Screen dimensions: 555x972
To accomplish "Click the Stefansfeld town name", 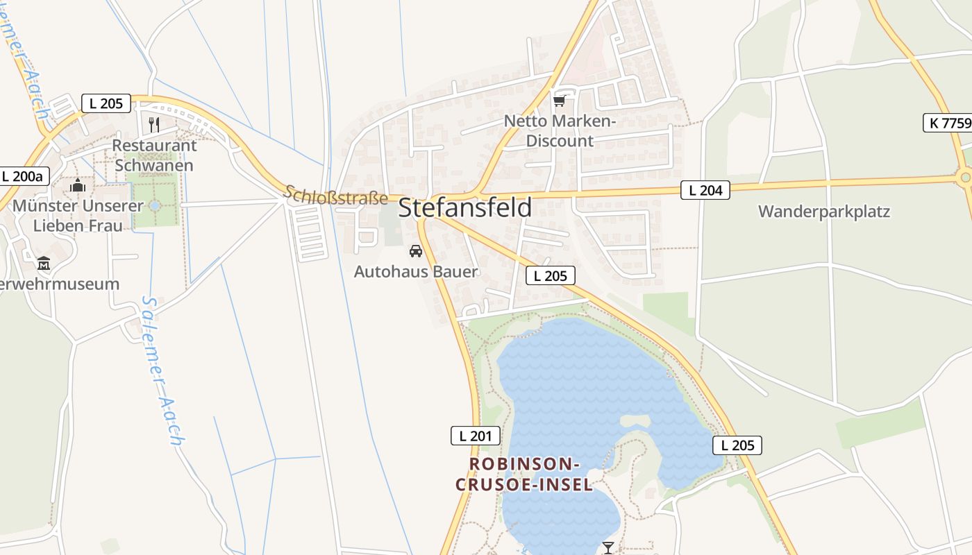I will (x=465, y=207).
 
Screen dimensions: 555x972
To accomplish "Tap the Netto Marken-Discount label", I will (x=560, y=130).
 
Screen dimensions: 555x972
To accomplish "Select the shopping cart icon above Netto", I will (x=560, y=101).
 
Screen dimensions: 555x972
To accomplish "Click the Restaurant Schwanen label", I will (x=154, y=155).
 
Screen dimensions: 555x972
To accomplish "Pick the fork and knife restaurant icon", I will (x=154, y=124).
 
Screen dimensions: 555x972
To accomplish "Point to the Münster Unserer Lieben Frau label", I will (x=78, y=216).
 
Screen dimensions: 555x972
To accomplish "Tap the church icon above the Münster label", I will (x=78, y=185).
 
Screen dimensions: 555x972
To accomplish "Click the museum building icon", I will (x=44, y=263).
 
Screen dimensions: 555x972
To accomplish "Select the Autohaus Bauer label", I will (x=416, y=271).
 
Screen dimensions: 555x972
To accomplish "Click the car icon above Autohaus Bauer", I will (x=416, y=250).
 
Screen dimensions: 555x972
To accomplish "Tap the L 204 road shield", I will (x=705, y=190).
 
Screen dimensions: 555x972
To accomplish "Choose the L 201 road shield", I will (x=476, y=436).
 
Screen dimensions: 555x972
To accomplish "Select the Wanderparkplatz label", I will (x=823, y=212).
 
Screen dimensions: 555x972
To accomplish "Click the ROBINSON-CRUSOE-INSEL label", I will (x=524, y=474).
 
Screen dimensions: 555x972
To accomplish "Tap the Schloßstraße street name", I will (x=336, y=195).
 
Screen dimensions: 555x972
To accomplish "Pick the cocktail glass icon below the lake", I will (x=608, y=547).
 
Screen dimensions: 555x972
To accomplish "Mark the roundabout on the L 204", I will (x=965, y=178).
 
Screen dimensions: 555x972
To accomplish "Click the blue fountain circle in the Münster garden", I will (x=154, y=205).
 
